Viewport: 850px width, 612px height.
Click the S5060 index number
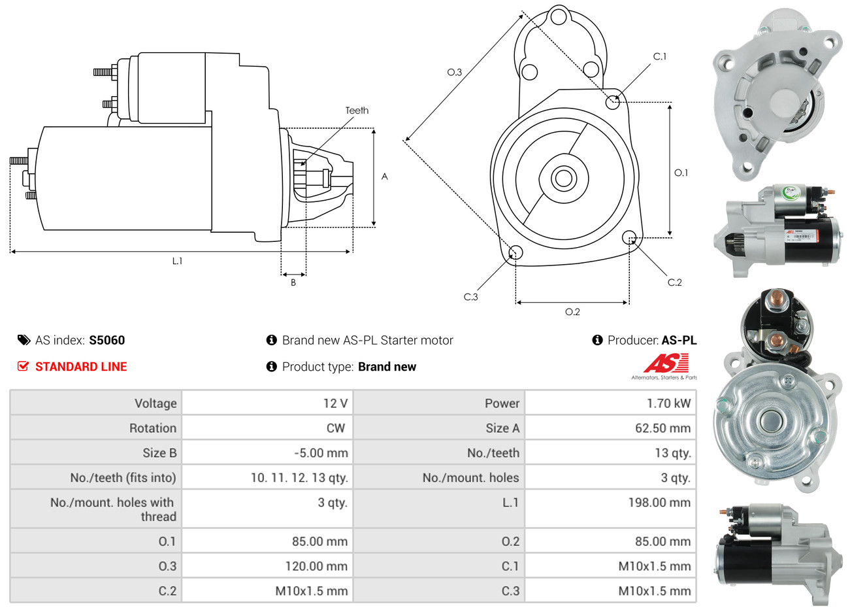click(x=106, y=340)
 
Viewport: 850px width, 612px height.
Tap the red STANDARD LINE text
click(x=81, y=367)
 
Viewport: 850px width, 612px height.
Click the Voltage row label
click(x=155, y=403)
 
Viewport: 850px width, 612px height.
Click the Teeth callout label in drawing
click(x=357, y=110)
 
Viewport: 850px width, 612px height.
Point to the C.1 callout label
click(x=660, y=57)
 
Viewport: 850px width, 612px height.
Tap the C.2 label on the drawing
click(x=674, y=282)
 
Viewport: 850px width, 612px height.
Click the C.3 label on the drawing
click(x=470, y=297)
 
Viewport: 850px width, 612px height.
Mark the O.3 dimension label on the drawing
click(x=454, y=72)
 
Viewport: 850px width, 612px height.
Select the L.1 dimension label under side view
click(x=177, y=261)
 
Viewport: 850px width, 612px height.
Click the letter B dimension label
click(x=293, y=282)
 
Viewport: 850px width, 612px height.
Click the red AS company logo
click(x=666, y=363)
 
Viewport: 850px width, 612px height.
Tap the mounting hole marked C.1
click(x=612, y=101)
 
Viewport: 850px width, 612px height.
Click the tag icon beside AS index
click(x=24, y=340)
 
